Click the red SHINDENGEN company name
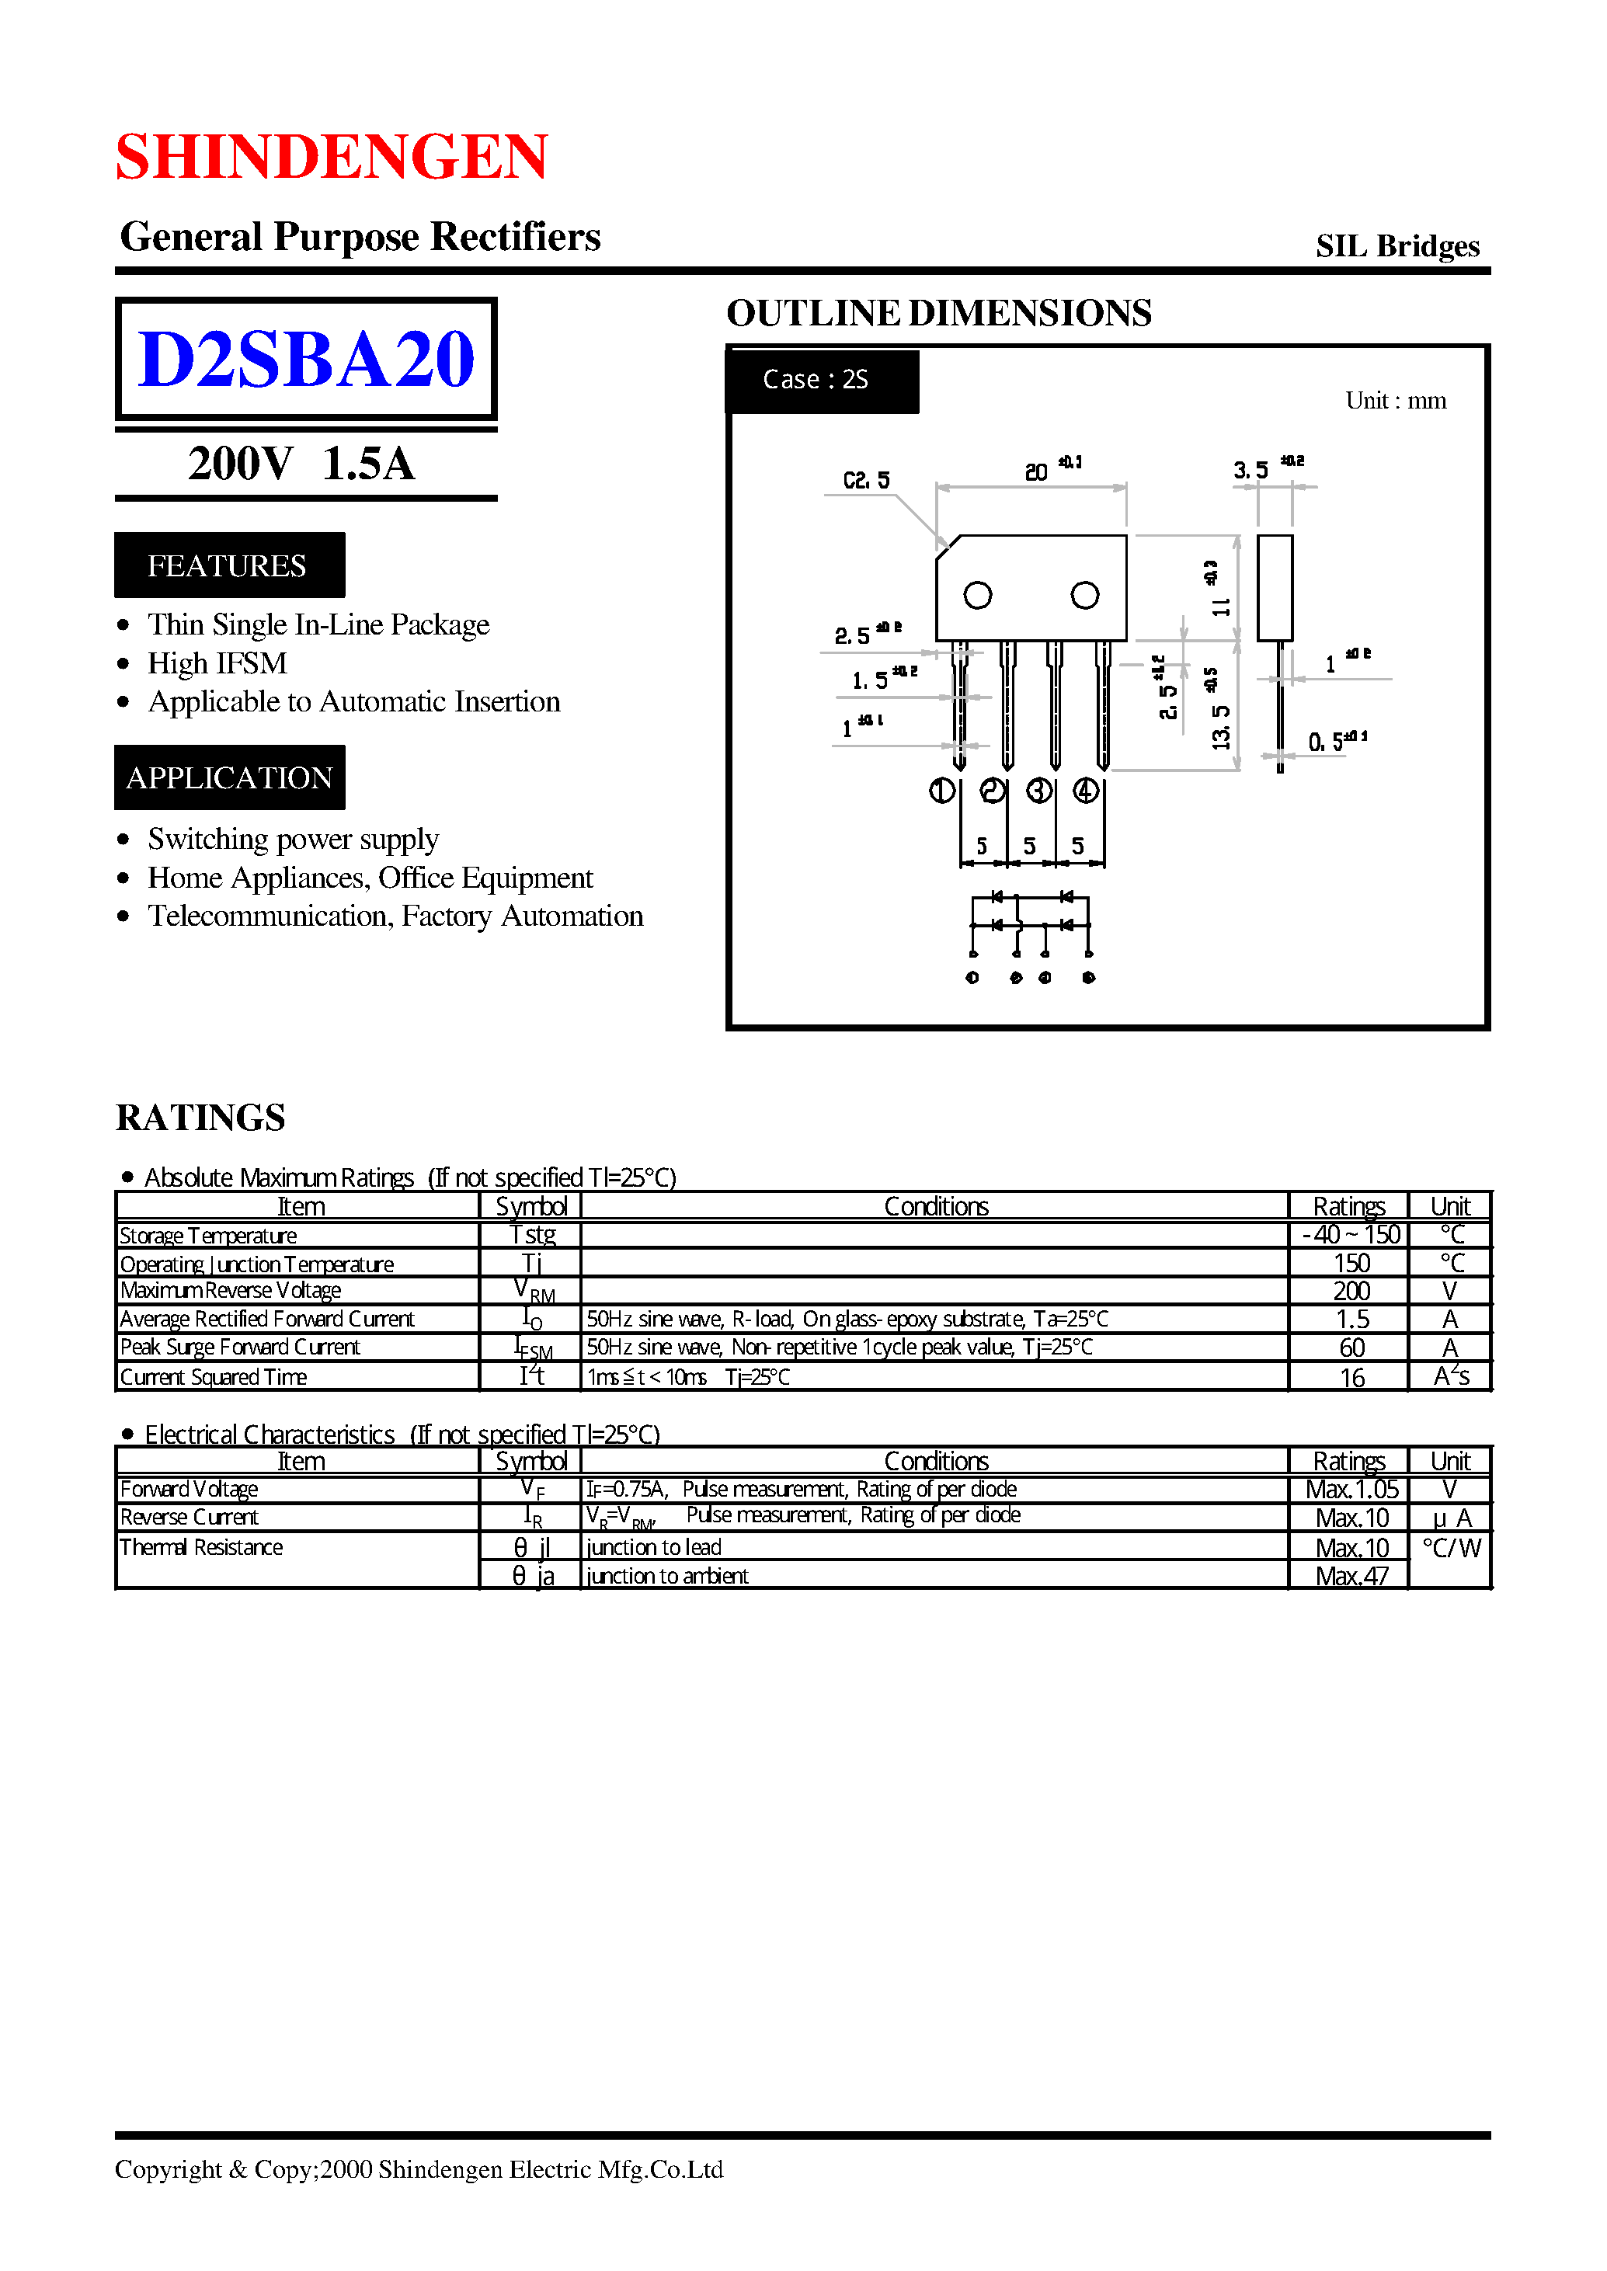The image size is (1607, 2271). pyautogui.click(x=332, y=156)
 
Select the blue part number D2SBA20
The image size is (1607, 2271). pyautogui.click(x=306, y=358)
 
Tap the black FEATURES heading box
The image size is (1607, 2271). pyautogui.click(x=228, y=565)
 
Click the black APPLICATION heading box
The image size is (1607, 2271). pyautogui.click(x=228, y=777)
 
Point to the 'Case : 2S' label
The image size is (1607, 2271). pyautogui.click(x=816, y=380)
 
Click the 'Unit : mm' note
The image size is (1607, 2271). pyautogui.click(x=1394, y=401)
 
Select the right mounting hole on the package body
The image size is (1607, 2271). pyautogui.click(x=1084, y=596)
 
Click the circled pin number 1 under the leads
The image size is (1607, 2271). pyautogui.click(x=941, y=791)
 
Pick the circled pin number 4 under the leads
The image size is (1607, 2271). pyautogui.click(x=1086, y=791)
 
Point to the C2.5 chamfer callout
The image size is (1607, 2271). pyautogui.click(x=866, y=481)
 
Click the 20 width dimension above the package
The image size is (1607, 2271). pyautogui.click(x=1036, y=472)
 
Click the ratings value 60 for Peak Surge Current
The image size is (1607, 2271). pyautogui.click(x=1351, y=1348)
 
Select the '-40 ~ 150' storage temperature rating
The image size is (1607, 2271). pyautogui.click(x=1351, y=1235)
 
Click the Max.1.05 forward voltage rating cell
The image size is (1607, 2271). pyautogui.click(x=1351, y=1489)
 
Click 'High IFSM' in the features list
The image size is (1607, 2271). pyautogui.click(x=217, y=663)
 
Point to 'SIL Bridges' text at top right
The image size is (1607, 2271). pyautogui.click(x=1397, y=246)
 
